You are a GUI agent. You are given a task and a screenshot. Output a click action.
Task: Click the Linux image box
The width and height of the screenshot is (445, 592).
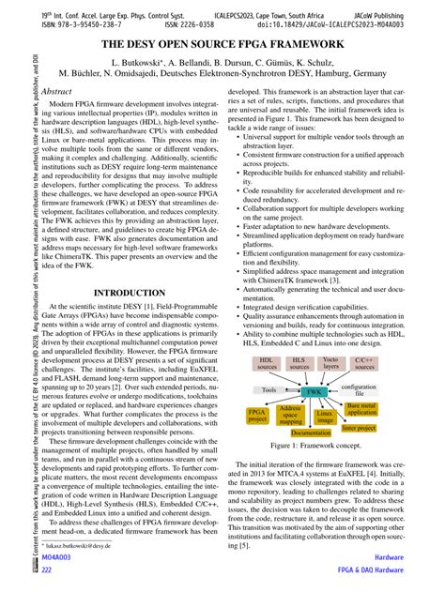(325, 416)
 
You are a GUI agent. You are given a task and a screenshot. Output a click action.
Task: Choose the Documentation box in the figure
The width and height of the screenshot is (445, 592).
(311, 433)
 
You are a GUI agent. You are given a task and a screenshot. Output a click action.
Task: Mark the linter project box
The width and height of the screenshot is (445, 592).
(359, 428)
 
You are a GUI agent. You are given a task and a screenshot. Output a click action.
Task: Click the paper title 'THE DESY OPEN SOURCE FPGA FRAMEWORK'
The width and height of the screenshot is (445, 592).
(222, 44)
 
